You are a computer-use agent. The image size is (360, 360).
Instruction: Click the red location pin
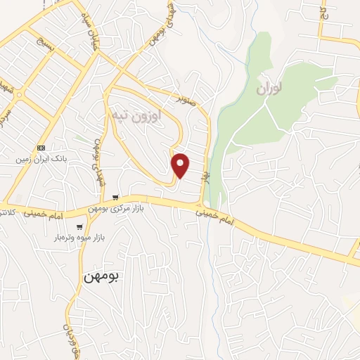[x=181, y=165]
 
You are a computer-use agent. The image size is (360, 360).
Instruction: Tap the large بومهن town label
[x=102, y=276]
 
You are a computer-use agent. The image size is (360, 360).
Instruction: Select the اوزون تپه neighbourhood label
[x=136, y=113]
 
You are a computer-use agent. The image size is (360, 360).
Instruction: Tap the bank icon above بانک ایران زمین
[x=41, y=148]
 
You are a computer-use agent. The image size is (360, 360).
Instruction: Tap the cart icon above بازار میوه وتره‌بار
[x=80, y=227]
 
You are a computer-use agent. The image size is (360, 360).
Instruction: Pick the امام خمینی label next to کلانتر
[x=46, y=210]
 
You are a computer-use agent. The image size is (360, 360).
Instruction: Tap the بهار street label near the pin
[x=207, y=169]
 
